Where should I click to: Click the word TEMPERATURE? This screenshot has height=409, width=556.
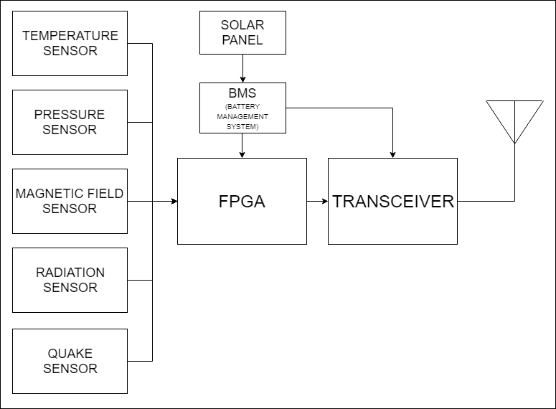click(70, 36)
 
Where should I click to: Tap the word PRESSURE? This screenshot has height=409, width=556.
click(70, 115)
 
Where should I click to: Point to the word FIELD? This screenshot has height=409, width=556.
click(108, 194)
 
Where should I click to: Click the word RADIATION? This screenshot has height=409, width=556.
click(70, 273)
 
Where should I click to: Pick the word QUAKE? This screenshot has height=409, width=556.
click(70, 354)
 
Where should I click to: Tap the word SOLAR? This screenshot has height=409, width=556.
click(242, 25)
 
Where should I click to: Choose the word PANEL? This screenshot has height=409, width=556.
click(242, 40)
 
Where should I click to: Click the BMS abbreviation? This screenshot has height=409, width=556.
click(242, 94)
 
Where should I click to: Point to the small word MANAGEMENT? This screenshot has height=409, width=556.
click(242, 116)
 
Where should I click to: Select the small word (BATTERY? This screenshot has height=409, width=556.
click(242, 106)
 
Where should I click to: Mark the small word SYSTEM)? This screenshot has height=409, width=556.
click(242, 126)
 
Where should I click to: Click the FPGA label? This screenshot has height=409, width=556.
click(242, 202)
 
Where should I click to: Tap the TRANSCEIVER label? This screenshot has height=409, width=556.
click(393, 202)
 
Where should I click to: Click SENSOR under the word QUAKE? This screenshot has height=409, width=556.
click(70, 369)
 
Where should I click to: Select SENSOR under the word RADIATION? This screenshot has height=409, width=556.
click(70, 288)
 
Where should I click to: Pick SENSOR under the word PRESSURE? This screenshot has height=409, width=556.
click(70, 130)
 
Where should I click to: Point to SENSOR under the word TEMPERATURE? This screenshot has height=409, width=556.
click(70, 51)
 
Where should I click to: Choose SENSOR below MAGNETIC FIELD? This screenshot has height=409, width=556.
click(70, 209)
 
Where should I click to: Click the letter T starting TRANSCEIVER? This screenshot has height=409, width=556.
click(338, 202)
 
